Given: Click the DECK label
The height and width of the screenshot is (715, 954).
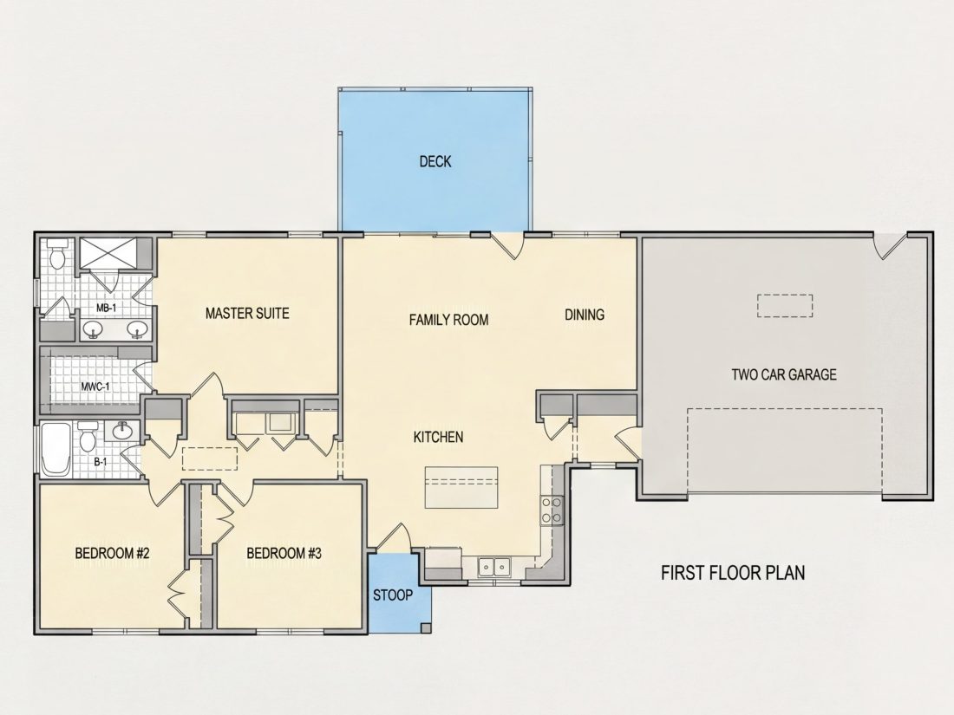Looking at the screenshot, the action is pos(435,161).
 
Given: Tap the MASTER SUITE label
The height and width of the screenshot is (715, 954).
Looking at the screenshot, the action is pos(247,313).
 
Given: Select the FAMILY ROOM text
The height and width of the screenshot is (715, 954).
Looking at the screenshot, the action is pos(448,320).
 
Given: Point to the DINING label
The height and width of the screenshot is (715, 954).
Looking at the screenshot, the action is pos(585,315).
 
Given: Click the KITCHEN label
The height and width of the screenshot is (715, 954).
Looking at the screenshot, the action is pos(438,437).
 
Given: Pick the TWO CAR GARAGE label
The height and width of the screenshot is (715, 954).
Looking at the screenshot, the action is pos(784,374).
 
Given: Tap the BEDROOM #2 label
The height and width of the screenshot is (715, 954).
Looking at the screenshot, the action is pos(112,553).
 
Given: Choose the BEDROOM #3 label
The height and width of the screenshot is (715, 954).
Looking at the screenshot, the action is pos(284,553).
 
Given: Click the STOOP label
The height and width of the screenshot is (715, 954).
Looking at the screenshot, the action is pos(392,595).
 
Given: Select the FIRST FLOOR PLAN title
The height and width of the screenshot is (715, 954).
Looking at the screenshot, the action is pos(733,573).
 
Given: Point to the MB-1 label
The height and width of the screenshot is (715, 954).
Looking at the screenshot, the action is pos(106,309).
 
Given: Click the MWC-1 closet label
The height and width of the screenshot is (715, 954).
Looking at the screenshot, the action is pos(95,386).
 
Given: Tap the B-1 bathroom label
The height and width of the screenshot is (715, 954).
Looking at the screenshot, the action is pos(101,462).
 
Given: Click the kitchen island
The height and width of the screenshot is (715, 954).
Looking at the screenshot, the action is pos(461,488).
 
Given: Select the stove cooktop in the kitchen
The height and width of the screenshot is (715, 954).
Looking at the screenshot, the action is pos(552,510).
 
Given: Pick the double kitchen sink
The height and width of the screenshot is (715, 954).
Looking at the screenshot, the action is pos(493,567).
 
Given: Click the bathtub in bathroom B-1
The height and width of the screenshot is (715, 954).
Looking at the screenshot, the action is pos(57,450).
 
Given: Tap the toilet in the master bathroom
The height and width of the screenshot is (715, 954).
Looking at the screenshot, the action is pos(57,255).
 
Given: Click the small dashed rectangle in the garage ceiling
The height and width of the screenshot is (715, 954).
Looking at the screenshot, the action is pos(785,306).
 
